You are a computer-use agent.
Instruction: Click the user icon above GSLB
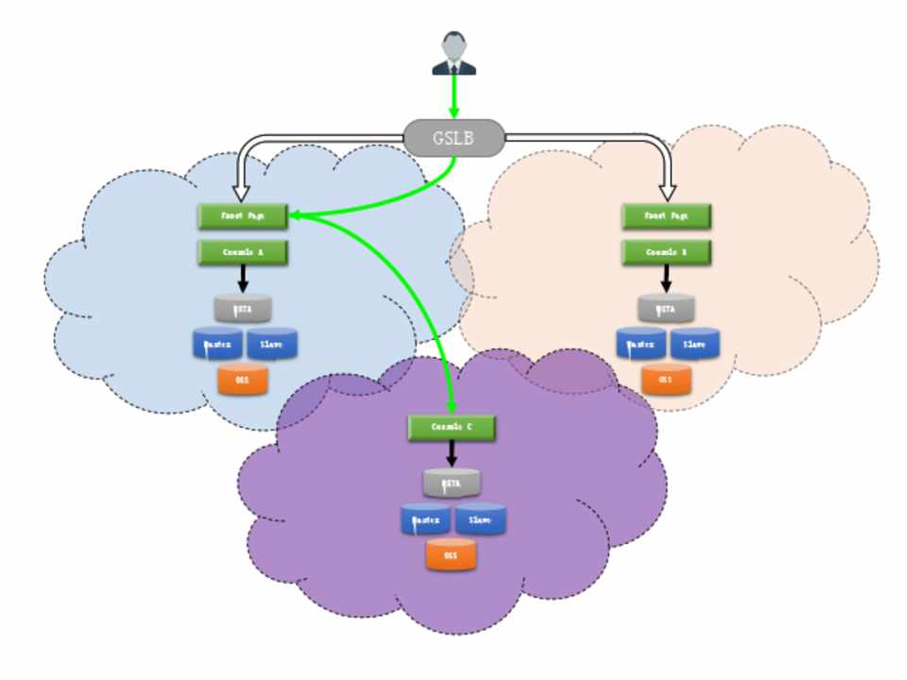453,53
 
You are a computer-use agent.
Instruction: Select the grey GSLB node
453,139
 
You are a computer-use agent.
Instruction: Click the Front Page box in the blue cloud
242,216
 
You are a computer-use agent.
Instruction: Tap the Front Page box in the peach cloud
666,216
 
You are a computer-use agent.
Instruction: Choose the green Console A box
242,252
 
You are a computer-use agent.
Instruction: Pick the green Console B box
666,252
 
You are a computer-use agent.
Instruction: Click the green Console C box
452,427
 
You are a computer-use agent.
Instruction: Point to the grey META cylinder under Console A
243,308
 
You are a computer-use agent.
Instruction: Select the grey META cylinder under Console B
666,308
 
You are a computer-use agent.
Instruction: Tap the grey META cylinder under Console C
452,484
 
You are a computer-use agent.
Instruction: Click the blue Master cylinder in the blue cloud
216,345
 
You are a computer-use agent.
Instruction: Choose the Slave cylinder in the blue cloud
272,345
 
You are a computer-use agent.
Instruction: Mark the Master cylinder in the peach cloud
641,345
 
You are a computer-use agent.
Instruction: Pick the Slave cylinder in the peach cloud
694,345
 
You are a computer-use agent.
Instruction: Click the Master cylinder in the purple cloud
425,520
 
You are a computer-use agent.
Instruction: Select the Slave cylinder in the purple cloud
481,520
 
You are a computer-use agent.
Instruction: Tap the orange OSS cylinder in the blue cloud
243,380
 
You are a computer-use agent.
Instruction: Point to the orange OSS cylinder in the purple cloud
451,556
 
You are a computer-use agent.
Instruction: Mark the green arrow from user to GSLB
453,96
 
